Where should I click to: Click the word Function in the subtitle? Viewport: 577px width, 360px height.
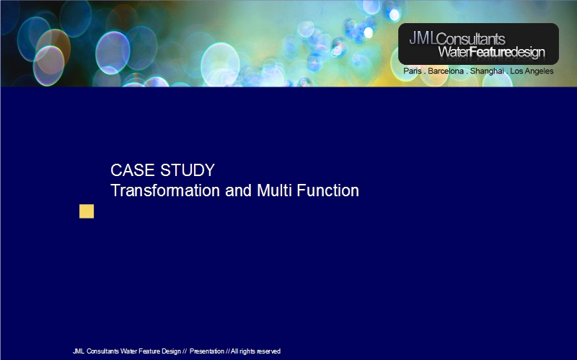tap(328, 190)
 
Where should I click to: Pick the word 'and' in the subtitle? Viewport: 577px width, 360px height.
tap(239, 190)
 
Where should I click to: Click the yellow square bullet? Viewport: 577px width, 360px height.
tap(87, 211)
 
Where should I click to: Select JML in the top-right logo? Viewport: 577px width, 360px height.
tap(423, 38)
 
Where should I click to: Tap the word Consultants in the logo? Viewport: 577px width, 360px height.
tap(471, 39)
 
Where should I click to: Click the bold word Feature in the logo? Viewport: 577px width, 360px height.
tap(490, 52)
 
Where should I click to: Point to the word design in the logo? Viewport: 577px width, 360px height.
tap(528, 53)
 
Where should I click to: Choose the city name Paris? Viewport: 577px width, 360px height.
tap(413, 71)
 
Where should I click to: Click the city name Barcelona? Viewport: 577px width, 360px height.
tap(446, 71)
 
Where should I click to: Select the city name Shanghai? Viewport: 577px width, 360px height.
tap(487, 71)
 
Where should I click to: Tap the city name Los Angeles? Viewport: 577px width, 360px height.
tap(532, 71)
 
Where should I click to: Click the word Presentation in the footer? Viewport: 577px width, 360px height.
tap(207, 351)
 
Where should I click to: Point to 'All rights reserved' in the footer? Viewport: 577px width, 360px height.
tap(256, 351)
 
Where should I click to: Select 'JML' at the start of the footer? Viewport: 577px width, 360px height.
tap(79, 351)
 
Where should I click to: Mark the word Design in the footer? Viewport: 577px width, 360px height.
tap(171, 351)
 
